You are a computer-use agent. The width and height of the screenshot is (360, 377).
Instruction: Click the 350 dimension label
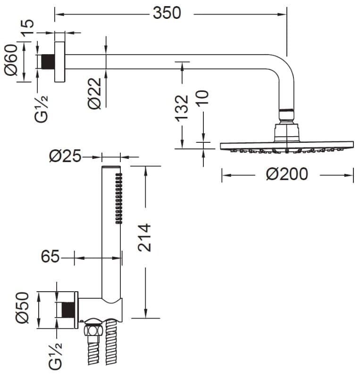[x=167, y=13]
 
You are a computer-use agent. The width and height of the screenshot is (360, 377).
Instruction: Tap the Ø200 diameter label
[x=287, y=174]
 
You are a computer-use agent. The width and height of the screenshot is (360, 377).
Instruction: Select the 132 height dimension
[x=182, y=107]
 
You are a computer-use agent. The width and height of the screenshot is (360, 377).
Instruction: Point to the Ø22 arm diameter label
[x=94, y=93]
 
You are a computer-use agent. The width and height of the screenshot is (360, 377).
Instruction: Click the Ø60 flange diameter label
[x=11, y=60]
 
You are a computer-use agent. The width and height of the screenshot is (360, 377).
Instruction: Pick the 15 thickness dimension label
[x=27, y=27]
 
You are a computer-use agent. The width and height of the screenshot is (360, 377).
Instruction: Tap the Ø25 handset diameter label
[x=65, y=156]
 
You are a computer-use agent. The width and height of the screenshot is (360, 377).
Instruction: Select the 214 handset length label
[x=144, y=238]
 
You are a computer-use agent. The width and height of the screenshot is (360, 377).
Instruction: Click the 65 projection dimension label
[x=50, y=256]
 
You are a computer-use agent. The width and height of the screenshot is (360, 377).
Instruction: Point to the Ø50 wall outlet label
[x=22, y=308]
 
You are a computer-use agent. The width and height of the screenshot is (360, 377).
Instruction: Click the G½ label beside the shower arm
[x=42, y=109]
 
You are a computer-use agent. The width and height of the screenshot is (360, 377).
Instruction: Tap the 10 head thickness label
[x=202, y=98]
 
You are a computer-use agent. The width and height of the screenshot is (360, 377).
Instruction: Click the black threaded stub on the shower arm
[x=48, y=62]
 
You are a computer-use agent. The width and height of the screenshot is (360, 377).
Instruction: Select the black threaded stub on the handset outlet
[x=68, y=310]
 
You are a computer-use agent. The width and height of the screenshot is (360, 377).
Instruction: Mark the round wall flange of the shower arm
[x=60, y=62]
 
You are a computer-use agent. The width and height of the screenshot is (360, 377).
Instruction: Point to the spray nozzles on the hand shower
[x=119, y=198]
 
